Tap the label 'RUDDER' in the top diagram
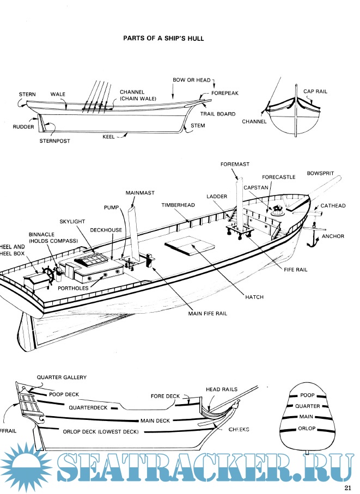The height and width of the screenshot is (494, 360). [x=24, y=127]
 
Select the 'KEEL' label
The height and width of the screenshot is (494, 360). [x=108, y=137]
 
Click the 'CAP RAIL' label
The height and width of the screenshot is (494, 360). [x=315, y=92]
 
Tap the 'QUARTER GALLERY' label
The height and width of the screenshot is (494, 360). [x=62, y=377]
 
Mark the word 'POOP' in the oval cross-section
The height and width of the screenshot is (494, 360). [x=308, y=394]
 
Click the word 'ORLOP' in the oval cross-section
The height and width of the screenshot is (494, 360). [x=308, y=429]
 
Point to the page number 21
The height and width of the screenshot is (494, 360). [x=349, y=487]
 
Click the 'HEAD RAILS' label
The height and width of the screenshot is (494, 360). [x=221, y=389]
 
